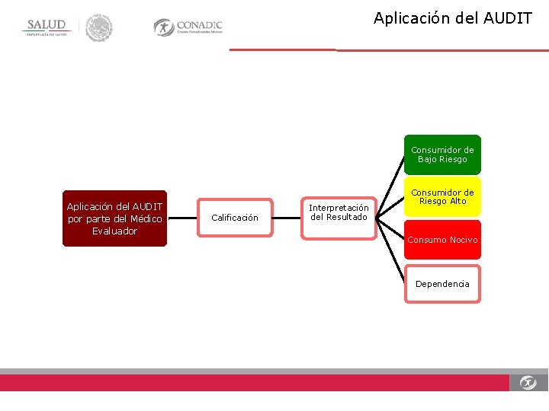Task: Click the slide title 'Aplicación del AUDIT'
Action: point(452,18)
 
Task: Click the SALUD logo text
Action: point(47,25)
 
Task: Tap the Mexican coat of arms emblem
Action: point(98,28)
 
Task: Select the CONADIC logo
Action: point(188,27)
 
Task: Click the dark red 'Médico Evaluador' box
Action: point(114,218)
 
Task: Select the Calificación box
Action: point(235,218)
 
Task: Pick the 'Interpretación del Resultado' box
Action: point(339,212)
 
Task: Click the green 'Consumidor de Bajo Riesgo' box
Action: point(442,155)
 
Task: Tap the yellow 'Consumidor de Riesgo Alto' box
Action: point(442,197)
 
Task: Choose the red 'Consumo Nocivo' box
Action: point(442,240)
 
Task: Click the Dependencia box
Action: point(442,284)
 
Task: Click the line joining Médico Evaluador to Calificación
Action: point(183,218)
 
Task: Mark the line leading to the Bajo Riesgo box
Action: point(390,183)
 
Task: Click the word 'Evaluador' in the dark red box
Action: point(114,231)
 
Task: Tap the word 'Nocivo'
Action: point(463,240)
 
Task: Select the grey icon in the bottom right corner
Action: point(528,382)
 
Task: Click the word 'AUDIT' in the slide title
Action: point(508,18)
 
